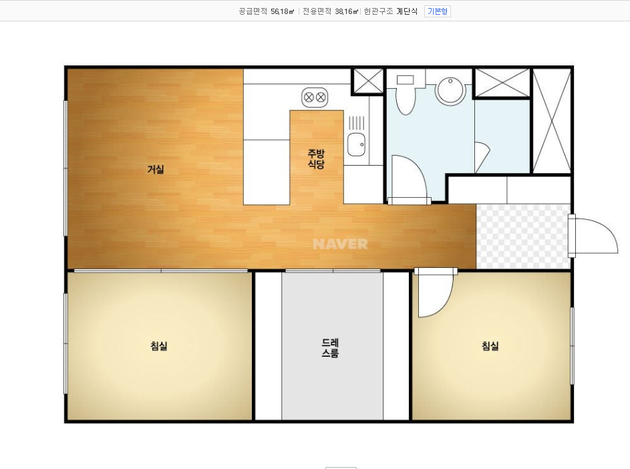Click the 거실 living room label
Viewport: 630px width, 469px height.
[x=156, y=169]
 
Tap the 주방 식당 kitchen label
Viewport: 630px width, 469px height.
[x=316, y=159]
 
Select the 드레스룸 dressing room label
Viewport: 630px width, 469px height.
[x=330, y=347]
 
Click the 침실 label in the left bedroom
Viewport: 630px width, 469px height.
[x=159, y=345]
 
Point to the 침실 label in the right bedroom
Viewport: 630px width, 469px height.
[x=490, y=345]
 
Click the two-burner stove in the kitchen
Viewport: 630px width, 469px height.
[x=315, y=98]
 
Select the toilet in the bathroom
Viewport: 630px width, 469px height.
[x=406, y=94]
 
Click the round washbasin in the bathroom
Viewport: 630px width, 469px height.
[x=450, y=92]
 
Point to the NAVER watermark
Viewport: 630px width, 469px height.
[x=340, y=244]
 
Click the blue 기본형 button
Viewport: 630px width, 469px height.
[x=438, y=11]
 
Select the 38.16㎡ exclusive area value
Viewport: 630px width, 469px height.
[x=346, y=11]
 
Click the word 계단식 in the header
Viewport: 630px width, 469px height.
[x=407, y=11]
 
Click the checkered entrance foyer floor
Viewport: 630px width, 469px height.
[x=522, y=237]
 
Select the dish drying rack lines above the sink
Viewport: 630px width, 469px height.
[x=356, y=123]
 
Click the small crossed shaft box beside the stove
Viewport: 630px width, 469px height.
[x=368, y=82]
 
